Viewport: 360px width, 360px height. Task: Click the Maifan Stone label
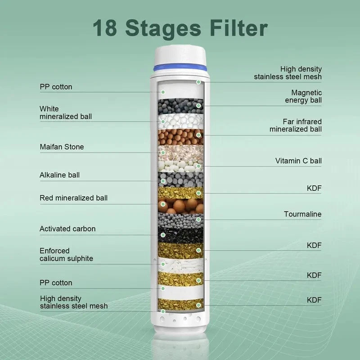click(x=62, y=147)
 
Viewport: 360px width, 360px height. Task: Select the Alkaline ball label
click(x=60, y=175)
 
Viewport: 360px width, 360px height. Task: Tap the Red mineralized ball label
click(x=73, y=198)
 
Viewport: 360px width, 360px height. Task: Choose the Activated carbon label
click(x=67, y=229)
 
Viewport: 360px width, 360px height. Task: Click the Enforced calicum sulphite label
click(x=66, y=255)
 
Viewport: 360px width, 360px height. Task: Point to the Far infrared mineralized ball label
click(x=296, y=126)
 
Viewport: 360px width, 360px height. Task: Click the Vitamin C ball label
click(x=298, y=161)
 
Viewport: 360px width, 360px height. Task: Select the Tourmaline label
click(x=302, y=214)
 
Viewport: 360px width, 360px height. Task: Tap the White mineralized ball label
click(x=65, y=112)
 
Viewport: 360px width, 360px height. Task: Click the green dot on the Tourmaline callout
click(x=198, y=220)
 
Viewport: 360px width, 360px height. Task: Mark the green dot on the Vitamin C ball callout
click(x=198, y=166)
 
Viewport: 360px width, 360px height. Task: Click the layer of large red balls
click(x=180, y=206)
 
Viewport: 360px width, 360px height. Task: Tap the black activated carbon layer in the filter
click(x=180, y=234)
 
